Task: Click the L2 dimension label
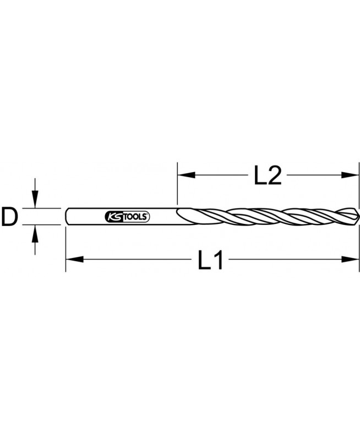[x=268, y=175]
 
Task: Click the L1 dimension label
[x=211, y=260]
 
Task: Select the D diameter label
[x=9, y=216]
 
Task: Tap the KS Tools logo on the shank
[x=127, y=216]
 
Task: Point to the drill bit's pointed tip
[x=358, y=216]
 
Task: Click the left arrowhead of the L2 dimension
[x=187, y=175]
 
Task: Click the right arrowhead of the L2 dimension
[x=350, y=175]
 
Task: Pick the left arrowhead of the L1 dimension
[x=75, y=259]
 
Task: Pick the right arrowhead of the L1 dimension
[x=350, y=259]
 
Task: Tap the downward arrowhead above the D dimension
[x=35, y=199]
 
